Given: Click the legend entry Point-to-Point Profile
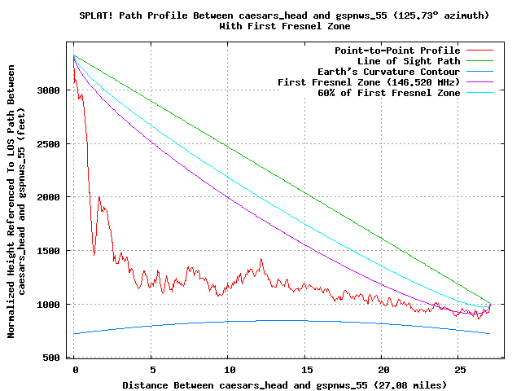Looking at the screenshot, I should [396, 51].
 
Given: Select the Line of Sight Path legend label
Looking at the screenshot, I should [409, 61].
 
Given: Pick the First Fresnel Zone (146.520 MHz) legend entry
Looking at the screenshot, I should [369, 82].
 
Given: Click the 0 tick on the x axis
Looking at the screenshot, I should [75, 369].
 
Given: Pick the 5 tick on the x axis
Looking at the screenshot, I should [151, 369].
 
